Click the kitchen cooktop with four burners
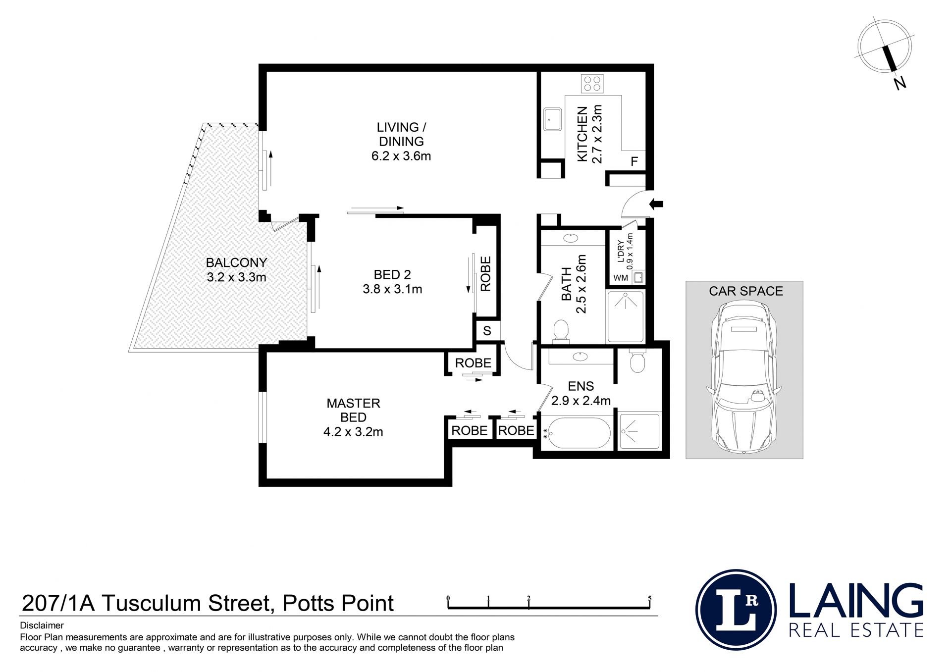click(592, 84)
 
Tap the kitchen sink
click(552, 119)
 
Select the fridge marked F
click(634, 161)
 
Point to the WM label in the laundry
click(621, 278)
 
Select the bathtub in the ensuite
click(577, 434)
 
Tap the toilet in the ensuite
click(637, 362)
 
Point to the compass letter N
click(900, 83)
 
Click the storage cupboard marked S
click(487, 331)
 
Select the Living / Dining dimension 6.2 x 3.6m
click(401, 156)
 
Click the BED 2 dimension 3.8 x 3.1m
click(392, 289)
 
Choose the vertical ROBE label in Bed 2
click(486, 274)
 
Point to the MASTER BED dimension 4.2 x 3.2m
click(353, 432)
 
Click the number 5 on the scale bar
click(649, 598)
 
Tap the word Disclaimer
click(42, 625)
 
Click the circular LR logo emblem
click(736, 609)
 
